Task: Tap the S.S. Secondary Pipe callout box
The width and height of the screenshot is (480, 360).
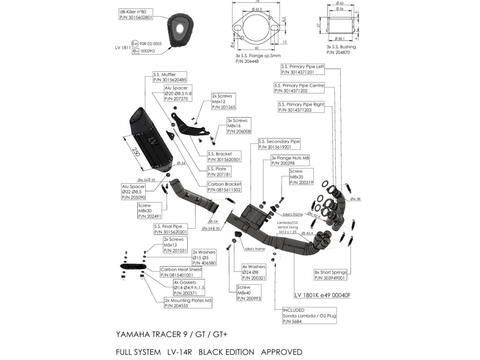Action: [279, 144]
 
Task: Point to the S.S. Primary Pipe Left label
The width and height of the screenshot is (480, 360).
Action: [302, 69]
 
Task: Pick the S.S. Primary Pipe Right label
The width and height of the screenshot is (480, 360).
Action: [301, 107]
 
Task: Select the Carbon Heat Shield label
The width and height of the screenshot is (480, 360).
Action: [181, 272]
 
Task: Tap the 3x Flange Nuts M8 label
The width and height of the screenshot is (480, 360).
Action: [290, 161]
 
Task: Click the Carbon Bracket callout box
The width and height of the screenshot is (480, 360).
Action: [225, 187]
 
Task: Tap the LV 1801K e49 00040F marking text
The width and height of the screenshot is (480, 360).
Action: [322, 295]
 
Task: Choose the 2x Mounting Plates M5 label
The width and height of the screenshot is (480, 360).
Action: [188, 303]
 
